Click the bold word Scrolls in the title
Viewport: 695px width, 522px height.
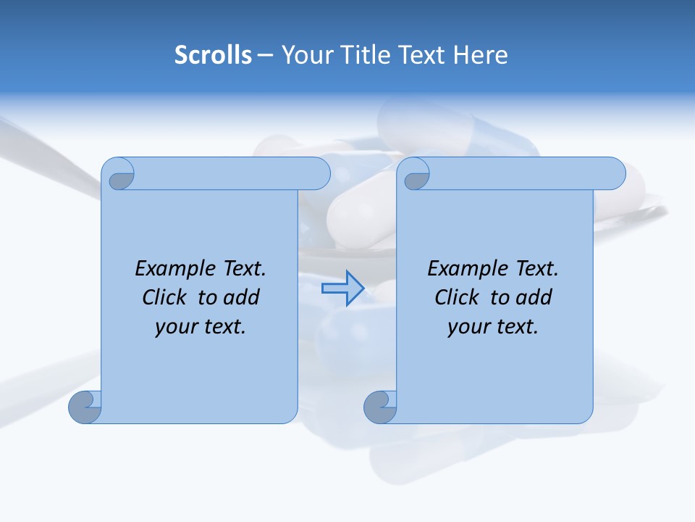213,55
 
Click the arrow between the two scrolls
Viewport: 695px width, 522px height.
342,288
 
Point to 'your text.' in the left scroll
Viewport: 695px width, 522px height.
201,326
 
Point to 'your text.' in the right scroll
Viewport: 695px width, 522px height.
493,326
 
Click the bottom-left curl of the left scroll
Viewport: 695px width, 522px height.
85,407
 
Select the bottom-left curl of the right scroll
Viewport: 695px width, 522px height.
380,407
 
